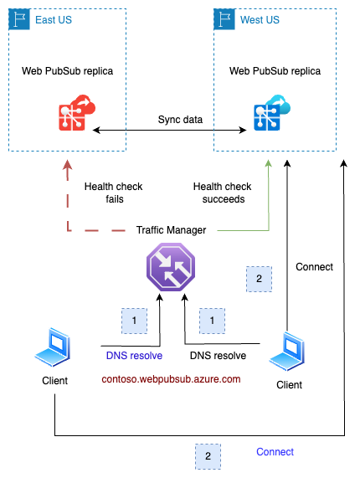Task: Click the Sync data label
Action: click(180, 120)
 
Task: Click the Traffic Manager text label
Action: click(171, 229)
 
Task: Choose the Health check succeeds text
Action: click(221, 193)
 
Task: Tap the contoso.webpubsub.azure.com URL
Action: click(171, 379)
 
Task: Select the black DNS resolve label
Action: click(218, 355)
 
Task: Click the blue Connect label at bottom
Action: click(275, 452)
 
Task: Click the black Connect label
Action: click(315, 267)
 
